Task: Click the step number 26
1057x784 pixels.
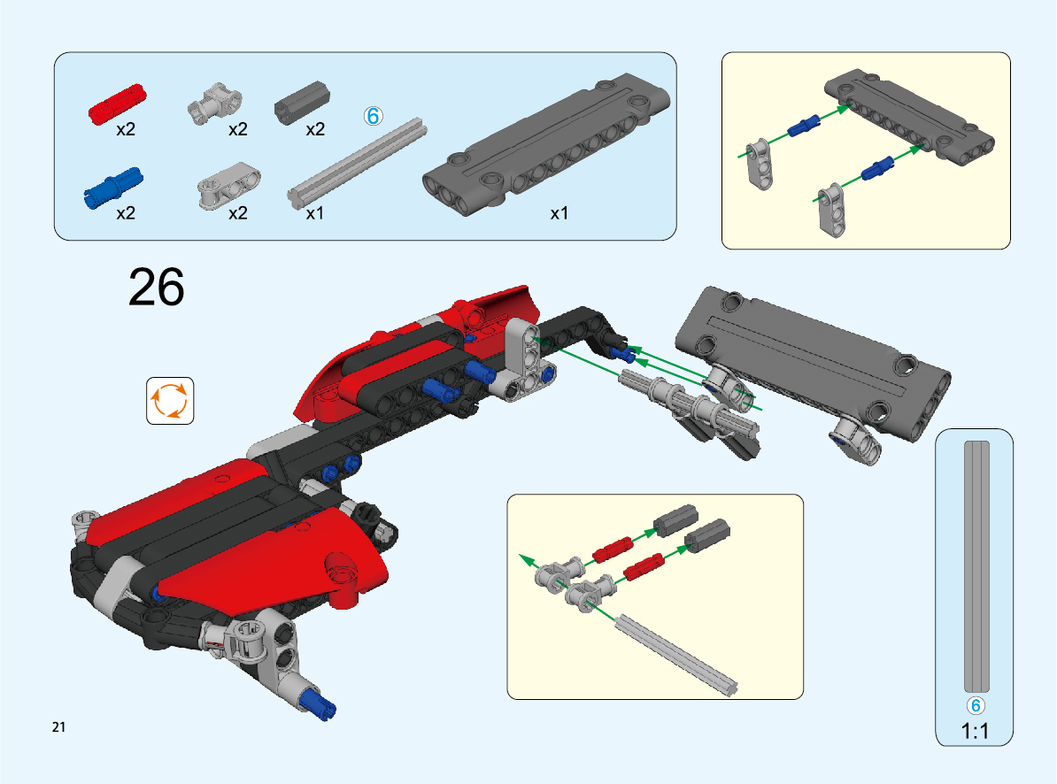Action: [x=156, y=287]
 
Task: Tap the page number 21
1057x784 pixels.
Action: [x=58, y=726]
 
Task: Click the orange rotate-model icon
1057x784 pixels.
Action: [x=170, y=401]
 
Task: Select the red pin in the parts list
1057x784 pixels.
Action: [x=117, y=104]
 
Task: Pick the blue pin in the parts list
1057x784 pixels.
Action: [x=113, y=188]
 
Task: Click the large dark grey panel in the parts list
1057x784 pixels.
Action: [x=546, y=144]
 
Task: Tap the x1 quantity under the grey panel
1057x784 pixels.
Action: [x=559, y=213]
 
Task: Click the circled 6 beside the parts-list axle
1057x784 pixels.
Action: [x=373, y=116]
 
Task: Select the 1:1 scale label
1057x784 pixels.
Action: [x=975, y=731]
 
